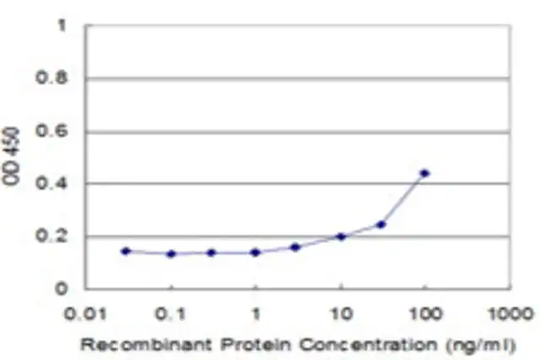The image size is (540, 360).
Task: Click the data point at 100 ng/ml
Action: coord(425,173)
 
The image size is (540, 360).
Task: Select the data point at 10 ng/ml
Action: coord(341,236)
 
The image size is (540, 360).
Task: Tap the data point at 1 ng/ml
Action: coord(255,253)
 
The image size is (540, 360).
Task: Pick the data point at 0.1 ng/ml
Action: coord(171,254)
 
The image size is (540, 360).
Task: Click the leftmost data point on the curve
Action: coord(126,251)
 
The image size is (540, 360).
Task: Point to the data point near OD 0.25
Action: coord(381,225)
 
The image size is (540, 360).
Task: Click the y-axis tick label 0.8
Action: coord(51,78)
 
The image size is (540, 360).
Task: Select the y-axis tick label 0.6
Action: coord(51,131)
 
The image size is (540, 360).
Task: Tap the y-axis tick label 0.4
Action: coord(51,183)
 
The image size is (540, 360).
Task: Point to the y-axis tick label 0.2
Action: coord(51,236)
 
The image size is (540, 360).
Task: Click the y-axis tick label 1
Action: coord(62,25)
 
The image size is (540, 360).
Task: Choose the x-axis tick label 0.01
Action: coord(85,314)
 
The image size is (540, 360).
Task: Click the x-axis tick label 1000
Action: coord(511,314)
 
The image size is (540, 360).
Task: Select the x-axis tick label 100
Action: coord(425,314)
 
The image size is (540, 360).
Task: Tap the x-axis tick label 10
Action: coord(342,314)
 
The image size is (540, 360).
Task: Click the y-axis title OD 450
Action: coord(11,156)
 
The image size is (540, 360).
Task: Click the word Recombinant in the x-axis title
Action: coord(146,345)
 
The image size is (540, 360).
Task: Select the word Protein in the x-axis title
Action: coord(256,345)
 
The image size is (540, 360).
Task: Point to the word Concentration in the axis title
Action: coord(368,345)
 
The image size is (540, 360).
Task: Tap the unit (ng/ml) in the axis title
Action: coord(481,345)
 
